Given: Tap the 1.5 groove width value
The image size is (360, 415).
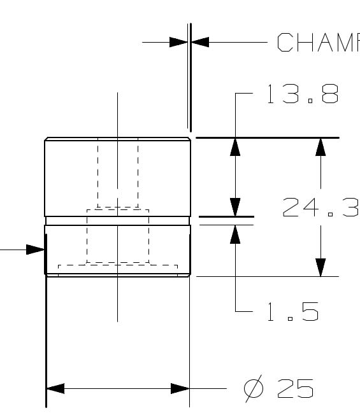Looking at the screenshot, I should coord(292,312).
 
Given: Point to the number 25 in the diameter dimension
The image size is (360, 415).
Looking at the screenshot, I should coord(296,388).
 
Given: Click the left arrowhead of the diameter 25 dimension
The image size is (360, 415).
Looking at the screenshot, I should coord(55,388).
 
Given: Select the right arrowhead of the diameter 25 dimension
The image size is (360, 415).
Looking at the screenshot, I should coord(180,388).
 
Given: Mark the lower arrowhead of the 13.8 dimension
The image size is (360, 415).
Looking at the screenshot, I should coord(235,207).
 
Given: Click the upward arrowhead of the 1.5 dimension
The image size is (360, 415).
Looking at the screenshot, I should coord(235,234).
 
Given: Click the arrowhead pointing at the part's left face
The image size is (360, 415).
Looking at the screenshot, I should coord(36,250).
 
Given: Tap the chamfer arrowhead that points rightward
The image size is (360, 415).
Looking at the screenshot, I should coord(179,43).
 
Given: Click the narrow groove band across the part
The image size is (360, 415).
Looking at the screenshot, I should coord(117,221).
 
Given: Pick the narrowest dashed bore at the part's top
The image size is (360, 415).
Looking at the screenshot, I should coord(117,165).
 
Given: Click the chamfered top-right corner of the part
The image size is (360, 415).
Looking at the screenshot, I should coord(189,139).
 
